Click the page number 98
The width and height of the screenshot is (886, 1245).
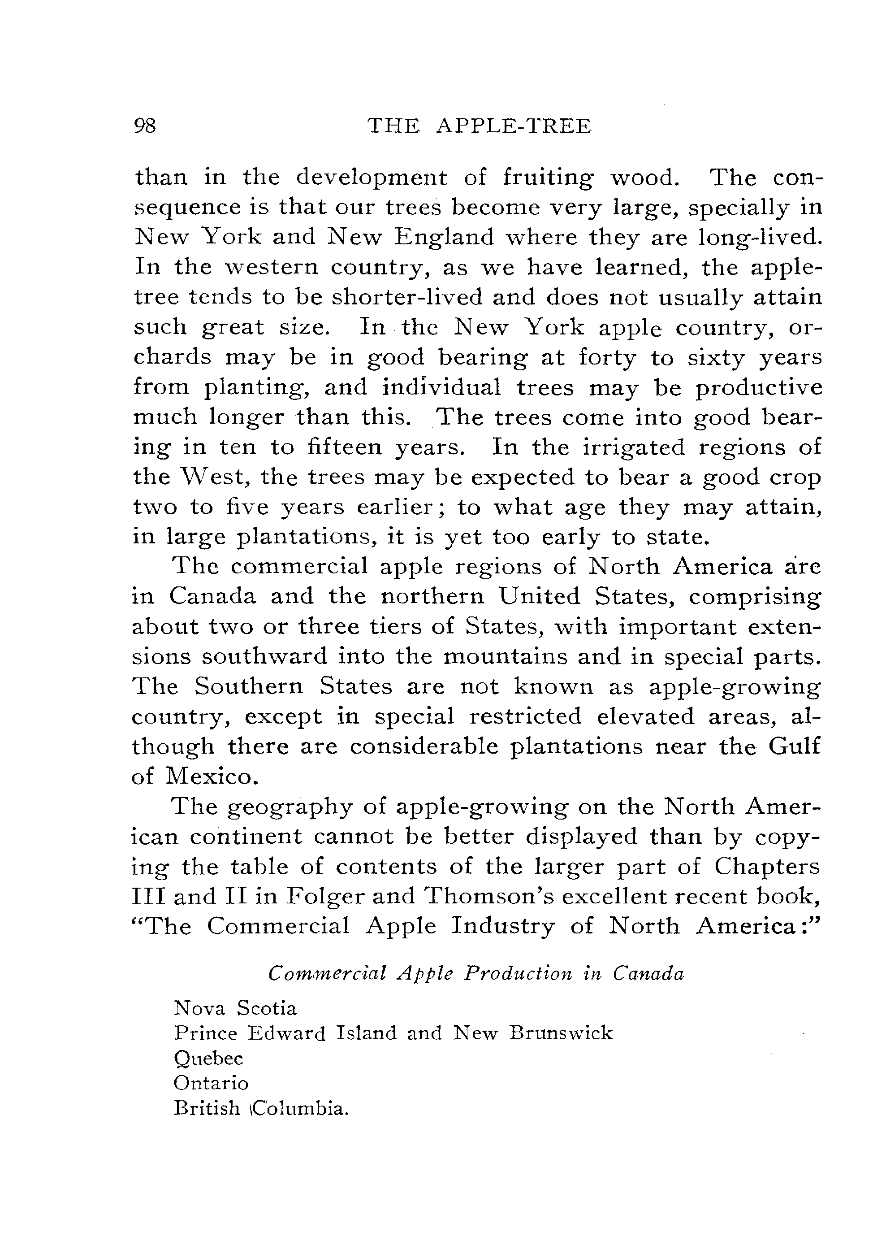145,126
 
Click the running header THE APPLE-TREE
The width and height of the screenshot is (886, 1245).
480,126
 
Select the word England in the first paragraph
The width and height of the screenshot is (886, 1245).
445,237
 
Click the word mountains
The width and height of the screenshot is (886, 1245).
504,655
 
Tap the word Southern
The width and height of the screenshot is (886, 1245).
249,685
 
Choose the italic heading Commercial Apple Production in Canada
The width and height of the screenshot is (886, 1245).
476,974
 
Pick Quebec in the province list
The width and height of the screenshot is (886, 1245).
208,1058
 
